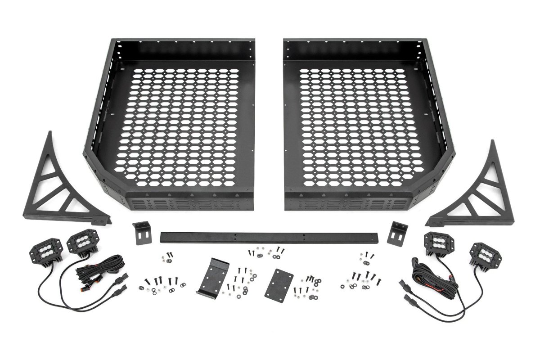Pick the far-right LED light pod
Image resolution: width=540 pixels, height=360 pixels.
482,257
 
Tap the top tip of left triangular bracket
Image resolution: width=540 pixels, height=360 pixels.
49,133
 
